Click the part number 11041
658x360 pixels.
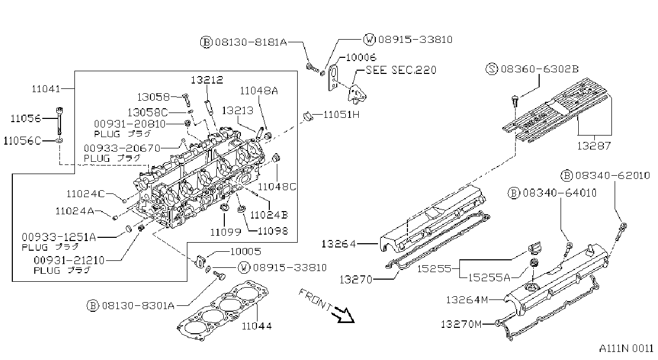[46, 89]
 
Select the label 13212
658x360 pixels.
[207, 80]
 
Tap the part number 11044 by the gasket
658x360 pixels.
[257, 326]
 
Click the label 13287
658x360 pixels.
[594, 146]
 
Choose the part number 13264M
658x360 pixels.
[467, 300]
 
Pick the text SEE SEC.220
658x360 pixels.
[401, 70]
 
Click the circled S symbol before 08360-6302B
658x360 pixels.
[491, 69]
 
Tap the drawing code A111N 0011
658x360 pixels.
[626, 349]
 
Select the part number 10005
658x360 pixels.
[246, 252]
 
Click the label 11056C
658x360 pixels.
[22, 141]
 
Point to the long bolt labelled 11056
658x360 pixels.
[60, 122]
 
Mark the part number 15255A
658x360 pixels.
[489, 277]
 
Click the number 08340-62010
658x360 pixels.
[612, 175]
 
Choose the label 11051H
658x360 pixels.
[342, 115]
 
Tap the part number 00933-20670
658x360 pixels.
[122, 148]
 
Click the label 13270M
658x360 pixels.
[461, 325]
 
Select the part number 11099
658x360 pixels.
[225, 232]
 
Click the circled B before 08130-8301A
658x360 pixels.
[93, 306]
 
